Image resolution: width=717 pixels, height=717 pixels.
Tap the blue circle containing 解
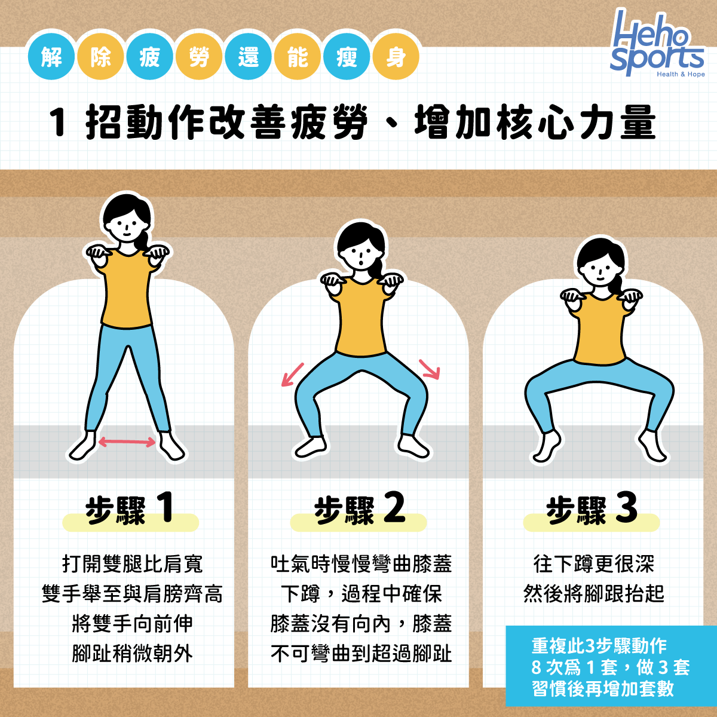click(x=51, y=58)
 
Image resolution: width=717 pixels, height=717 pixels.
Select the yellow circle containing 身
click(x=395, y=58)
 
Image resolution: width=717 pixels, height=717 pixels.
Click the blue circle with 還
click(x=248, y=58)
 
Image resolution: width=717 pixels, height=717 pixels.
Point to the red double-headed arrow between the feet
click(x=127, y=442)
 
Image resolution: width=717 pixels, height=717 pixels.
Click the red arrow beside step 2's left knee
click(x=293, y=374)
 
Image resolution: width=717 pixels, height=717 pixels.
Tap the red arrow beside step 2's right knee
click(x=430, y=369)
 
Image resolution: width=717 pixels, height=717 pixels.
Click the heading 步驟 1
click(x=130, y=510)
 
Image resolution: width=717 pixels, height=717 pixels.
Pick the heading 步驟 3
click(x=592, y=510)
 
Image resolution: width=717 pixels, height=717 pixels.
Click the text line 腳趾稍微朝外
click(x=132, y=654)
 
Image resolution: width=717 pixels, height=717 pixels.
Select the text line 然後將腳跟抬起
click(x=593, y=594)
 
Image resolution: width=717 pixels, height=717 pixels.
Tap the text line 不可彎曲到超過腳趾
click(x=361, y=654)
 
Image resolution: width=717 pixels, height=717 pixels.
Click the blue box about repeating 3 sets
click(x=611, y=667)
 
